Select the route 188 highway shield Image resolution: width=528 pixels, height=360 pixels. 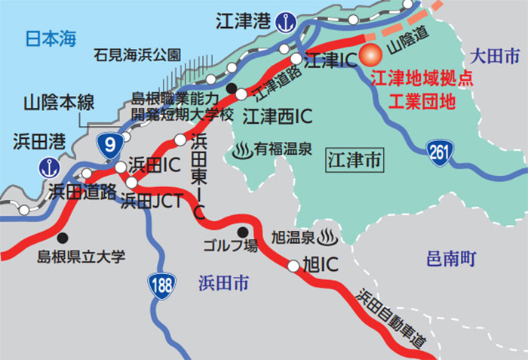pos(158,285)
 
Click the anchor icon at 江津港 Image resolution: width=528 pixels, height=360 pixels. pos(284,21)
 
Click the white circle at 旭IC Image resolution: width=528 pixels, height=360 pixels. pos(293,265)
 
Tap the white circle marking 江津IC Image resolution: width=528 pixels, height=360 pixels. pos(297,57)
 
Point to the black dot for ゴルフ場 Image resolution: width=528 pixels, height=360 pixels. pos(243,232)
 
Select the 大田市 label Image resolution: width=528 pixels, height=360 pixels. pos(494,55)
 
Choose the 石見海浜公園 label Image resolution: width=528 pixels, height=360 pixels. pos(138,54)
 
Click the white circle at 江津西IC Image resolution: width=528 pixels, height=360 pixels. pos(241,95)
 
